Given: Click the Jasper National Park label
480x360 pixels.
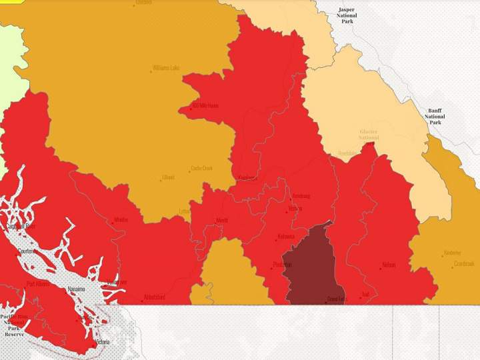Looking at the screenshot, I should [x=347, y=15].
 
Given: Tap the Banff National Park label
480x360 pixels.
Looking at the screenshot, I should [x=435, y=116].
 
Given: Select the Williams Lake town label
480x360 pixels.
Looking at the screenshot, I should [x=166, y=68].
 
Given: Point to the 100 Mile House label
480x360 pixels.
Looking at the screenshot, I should [x=205, y=106].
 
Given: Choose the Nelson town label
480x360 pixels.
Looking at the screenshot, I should [x=389, y=265].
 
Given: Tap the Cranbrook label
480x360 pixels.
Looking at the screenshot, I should [x=463, y=264].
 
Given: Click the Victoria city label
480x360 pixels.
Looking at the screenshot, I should [x=102, y=342].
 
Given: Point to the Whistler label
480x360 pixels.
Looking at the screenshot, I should [x=121, y=220].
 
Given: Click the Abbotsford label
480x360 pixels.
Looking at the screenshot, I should [x=153, y=298].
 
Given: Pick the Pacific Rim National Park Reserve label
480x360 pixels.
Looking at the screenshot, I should [x=14, y=325].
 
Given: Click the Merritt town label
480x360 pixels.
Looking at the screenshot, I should [x=222, y=221].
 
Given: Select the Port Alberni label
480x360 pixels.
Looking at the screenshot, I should [x=37, y=284].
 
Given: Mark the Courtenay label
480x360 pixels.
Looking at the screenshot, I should [x=26, y=251].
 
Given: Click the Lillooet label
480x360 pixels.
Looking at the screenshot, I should [x=168, y=177].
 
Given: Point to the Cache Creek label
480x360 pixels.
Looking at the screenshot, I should [x=201, y=169].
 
